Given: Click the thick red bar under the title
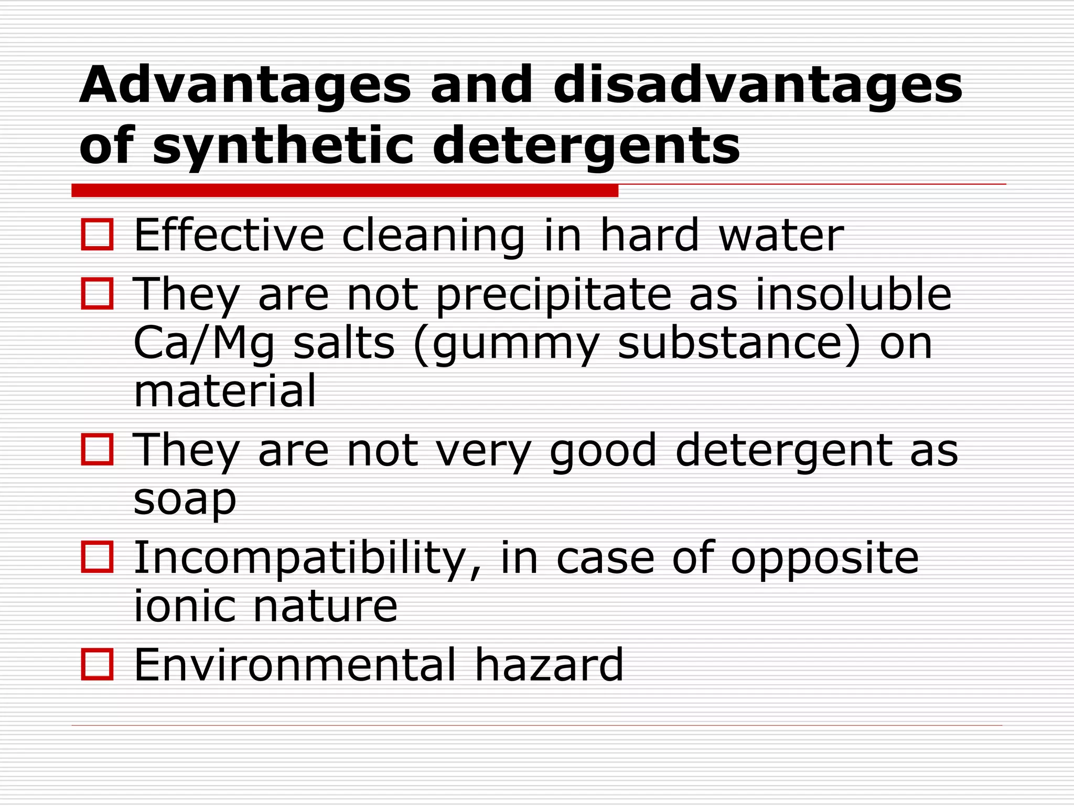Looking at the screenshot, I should click(345, 190).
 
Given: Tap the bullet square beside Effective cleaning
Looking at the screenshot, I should click(98, 235).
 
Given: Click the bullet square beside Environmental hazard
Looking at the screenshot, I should click(98, 664).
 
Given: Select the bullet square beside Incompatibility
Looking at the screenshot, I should click(98, 557).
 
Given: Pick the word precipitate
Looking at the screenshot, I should click(554, 295).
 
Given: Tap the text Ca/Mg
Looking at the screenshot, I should click(204, 344).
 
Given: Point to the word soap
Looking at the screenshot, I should click(185, 500).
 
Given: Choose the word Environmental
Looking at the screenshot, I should click(295, 665).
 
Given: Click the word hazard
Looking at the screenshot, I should click(549, 665).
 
